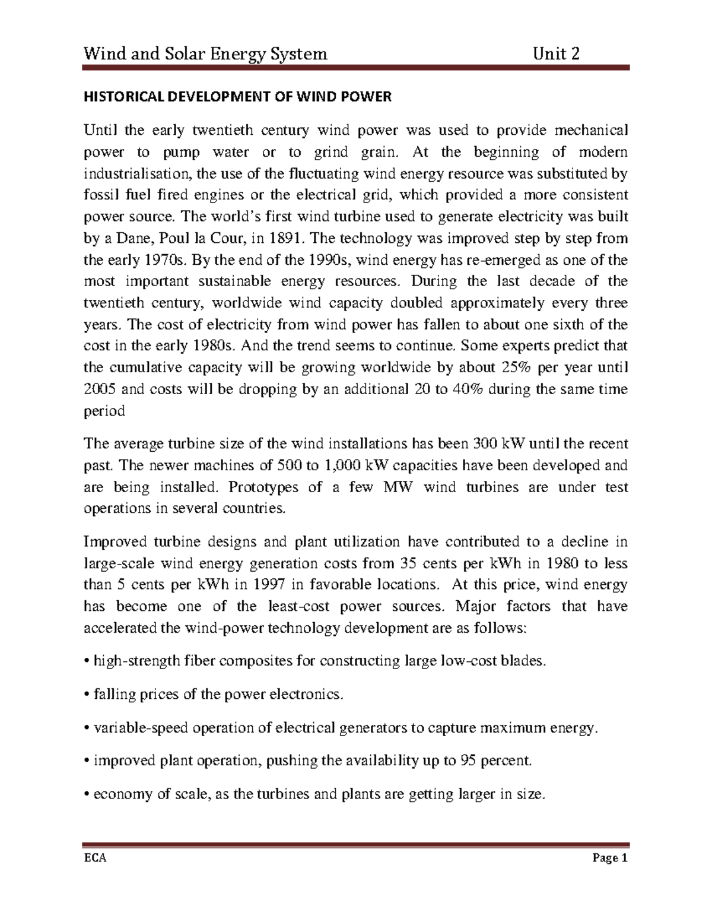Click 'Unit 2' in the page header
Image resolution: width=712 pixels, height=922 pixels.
tap(556, 54)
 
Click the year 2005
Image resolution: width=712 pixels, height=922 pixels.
tap(100, 389)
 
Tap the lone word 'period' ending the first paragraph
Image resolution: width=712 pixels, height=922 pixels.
tap(104, 411)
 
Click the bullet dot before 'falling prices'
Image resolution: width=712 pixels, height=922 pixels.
tap(87, 695)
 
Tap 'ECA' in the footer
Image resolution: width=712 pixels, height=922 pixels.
tap(95, 858)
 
